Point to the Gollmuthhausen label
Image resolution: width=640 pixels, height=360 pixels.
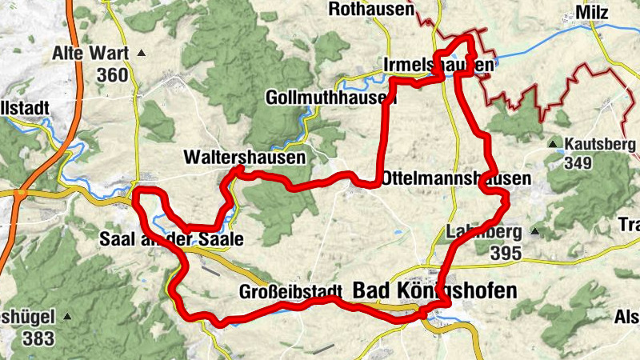coord(330,98)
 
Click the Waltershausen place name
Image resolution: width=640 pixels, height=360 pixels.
coord(244,158)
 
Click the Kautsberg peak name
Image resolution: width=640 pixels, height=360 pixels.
coord(602,145)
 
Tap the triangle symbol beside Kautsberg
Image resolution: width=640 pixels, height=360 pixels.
coord(553,145)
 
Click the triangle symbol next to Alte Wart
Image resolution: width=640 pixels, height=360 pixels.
coord(142,54)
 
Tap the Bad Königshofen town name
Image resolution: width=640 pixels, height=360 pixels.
coord(435,290)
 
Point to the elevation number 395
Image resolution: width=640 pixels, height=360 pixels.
coord(506,254)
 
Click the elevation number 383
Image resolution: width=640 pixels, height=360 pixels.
coord(38,338)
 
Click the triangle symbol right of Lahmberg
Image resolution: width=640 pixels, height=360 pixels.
coord(534,233)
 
